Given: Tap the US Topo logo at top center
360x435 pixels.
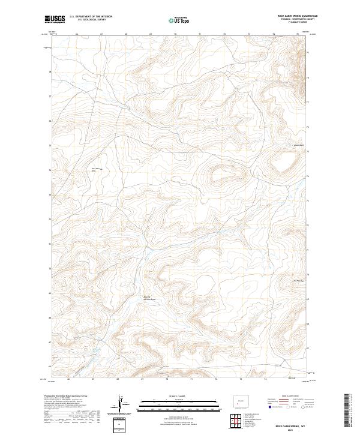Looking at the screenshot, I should [179, 20].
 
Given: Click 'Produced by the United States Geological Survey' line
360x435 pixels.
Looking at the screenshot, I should [66, 397].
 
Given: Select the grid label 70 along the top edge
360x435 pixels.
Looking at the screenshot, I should [175, 34].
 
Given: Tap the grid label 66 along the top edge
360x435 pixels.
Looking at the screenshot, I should [77, 34].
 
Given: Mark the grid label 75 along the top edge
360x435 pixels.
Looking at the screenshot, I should [298, 34].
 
